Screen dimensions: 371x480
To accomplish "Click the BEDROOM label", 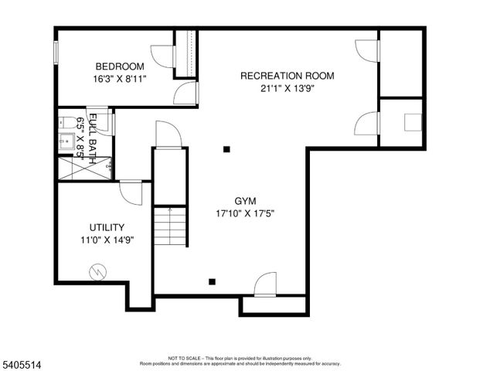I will click(x=120, y=66).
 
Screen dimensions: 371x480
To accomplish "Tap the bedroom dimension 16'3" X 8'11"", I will click(x=120, y=78).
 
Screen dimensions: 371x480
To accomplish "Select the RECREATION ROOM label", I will click(x=287, y=75).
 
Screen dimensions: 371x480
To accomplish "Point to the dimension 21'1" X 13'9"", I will click(x=287, y=87).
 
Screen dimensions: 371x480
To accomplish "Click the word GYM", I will click(x=246, y=200).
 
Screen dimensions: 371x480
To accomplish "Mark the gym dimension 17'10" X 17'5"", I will click(x=246, y=213).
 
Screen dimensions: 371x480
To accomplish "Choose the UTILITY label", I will click(x=106, y=227).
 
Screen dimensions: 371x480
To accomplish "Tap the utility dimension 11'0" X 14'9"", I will click(x=106, y=240).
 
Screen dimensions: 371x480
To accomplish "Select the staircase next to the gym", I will click(x=171, y=226).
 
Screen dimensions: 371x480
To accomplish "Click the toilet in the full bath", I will click(x=65, y=122).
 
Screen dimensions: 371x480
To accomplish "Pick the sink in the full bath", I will click(x=66, y=141).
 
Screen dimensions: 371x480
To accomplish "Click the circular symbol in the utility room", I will click(x=97, y=271).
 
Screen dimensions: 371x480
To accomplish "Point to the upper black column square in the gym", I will click(x=226, y=148).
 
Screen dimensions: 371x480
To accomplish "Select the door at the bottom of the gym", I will click(x=265, y=284).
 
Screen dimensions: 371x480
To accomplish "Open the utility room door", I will click(x=131, y=192).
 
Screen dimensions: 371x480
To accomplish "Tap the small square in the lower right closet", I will click(x=414, y=122).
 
